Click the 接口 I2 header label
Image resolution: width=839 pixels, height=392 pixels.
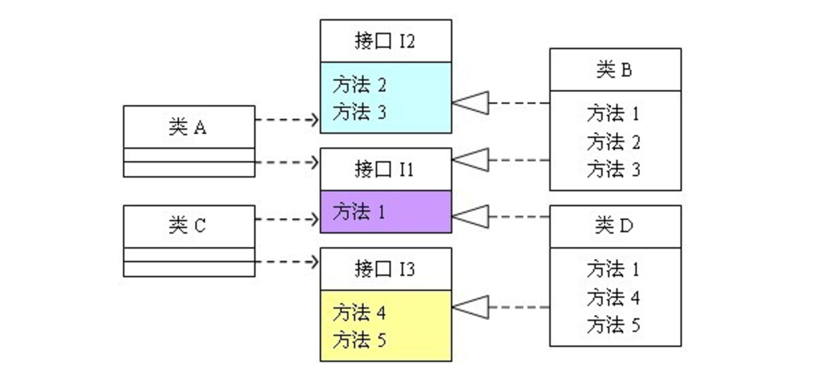(385, 42)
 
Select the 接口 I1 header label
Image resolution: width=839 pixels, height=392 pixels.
(385, 169)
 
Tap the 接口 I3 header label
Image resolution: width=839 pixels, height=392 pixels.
(385, 269)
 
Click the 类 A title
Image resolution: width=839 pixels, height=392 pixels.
(187, 127)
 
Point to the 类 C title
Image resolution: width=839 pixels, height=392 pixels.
(187, 226)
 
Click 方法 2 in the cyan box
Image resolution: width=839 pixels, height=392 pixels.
(359, 85)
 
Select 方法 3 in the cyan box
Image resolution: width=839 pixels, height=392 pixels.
(359, 112)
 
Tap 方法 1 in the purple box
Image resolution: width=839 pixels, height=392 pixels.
(359, 212)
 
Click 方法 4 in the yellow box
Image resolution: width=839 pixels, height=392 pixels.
(359, 313)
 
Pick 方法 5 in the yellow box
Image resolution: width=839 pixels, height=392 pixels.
(359, 339)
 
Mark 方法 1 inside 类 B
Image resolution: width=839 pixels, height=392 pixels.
(613, 113)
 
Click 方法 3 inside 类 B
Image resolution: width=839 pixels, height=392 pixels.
(613, 169)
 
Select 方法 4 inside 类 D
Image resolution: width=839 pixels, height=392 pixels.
(613, 298)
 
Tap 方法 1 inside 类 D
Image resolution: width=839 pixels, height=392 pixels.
(613, 270)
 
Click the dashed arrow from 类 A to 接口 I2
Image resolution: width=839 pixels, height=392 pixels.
(287, 120)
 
